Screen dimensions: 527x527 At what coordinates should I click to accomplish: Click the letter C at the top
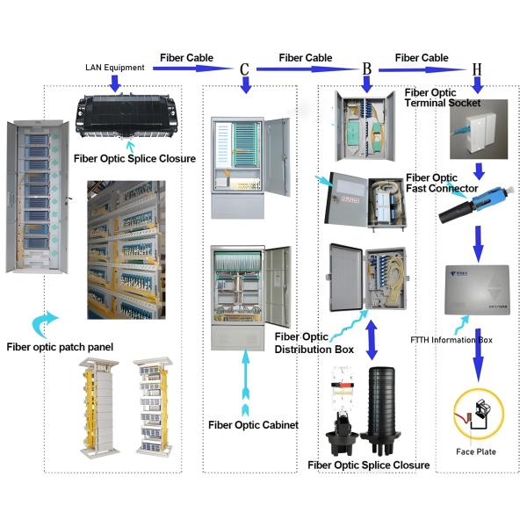coord(245,69)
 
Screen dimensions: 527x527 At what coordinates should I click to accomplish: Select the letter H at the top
coord(476,69)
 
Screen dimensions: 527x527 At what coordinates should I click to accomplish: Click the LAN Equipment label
coord(114,67)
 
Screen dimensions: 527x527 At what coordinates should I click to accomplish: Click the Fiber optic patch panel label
coord(60,348)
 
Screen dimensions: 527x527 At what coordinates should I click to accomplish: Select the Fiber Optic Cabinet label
coord(253,425)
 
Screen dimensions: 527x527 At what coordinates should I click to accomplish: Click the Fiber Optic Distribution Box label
coord(314,343)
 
